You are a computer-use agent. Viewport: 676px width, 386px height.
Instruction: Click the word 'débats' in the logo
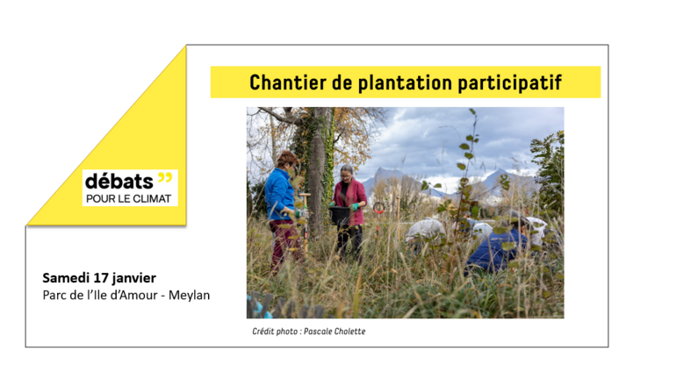(x=119, y=181)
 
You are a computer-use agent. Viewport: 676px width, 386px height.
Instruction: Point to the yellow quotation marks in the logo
(x=166, y=177)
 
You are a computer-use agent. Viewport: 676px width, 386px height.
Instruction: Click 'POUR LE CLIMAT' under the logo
(x=128, y=198)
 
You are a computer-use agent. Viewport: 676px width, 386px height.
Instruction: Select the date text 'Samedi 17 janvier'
(x=99, y=278)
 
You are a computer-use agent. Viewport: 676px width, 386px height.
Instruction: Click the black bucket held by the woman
(x=339, y=214)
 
